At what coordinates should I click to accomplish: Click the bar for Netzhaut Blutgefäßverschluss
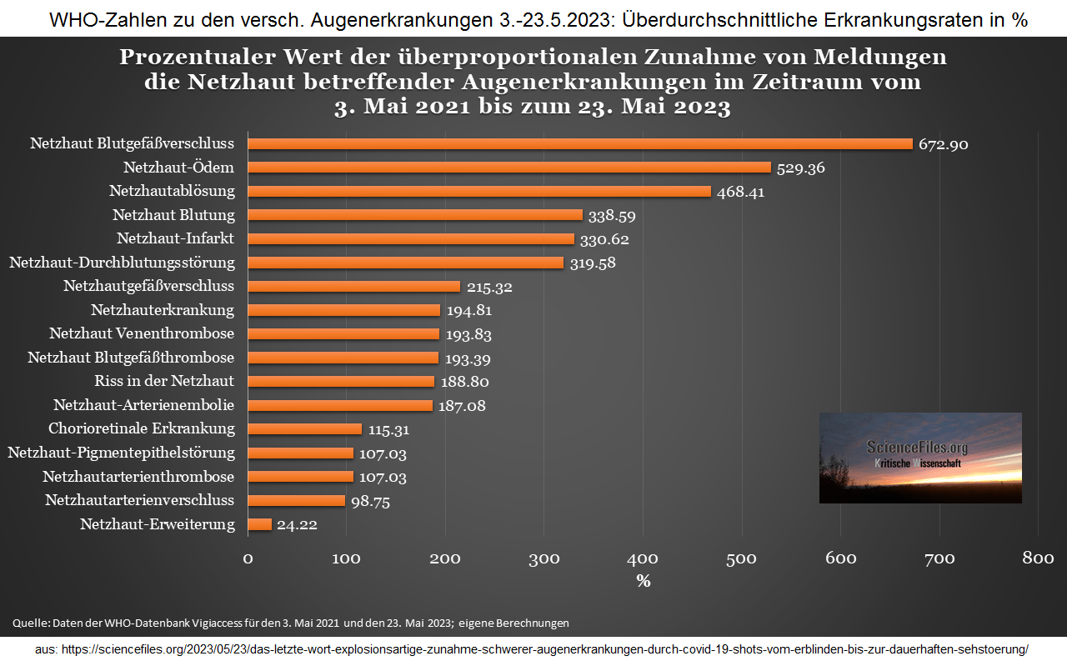pyautogui.click(x=580, y=143)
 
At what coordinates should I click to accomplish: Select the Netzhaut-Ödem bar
pyautogui.click(x=509, y=168)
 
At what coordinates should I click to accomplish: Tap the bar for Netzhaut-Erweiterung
pyautogui.click(x=259, y=524)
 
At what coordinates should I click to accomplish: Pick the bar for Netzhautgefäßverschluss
pyautogui.click(x=353, y=286)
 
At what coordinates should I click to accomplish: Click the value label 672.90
pyautogui.click(x=943, y=144)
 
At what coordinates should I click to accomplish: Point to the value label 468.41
pyautogui.click(x=740, y=192)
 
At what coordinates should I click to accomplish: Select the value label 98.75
pyautogui.click(x=370, y=502)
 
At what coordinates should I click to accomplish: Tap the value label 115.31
pyautogui.click(x=388, y=430)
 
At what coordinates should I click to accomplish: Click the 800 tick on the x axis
pyautogui.click(x=1038, y=558)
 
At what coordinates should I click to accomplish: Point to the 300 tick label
pyautogui.click(x=544, y=558)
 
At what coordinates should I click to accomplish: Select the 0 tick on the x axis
pyautogui.click(x=248, y=558)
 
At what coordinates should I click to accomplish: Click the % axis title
pyautogui.click(x=643, y=581)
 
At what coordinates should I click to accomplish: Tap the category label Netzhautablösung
pyautogui.click(x=172, y=191)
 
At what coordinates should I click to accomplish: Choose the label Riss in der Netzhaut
pyautogui.click(x=164, y=381)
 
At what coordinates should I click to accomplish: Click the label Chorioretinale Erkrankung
pyautogui.click(x=142, y=428)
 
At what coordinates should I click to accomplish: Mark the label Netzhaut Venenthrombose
pyautogui.click(x=142, y=333)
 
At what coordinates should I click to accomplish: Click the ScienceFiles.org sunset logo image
pyautogui.click(x=920, y=458)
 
